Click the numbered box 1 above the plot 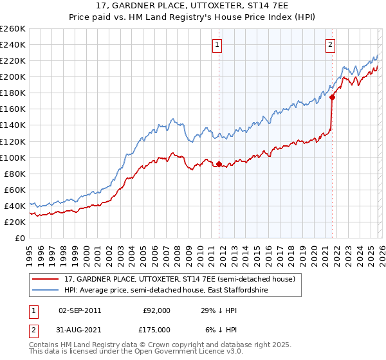pyautogui.click(x=218, y=45)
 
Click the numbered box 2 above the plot pyautogui.click(x=330, y=45)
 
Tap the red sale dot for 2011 pyautogui.click(x=219, y=164)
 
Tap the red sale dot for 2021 pyautogui.click(x=333, y=97)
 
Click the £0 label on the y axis pyautogui.click(x=21, y=238)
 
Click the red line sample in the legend pyautogui.click(x=44, y=280)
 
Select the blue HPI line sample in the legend pyautogui.click(x=44, y=291)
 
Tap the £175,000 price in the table pyautogui.click(x=157, y=330)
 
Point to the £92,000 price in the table pyautogui.click(x=157, y=310)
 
